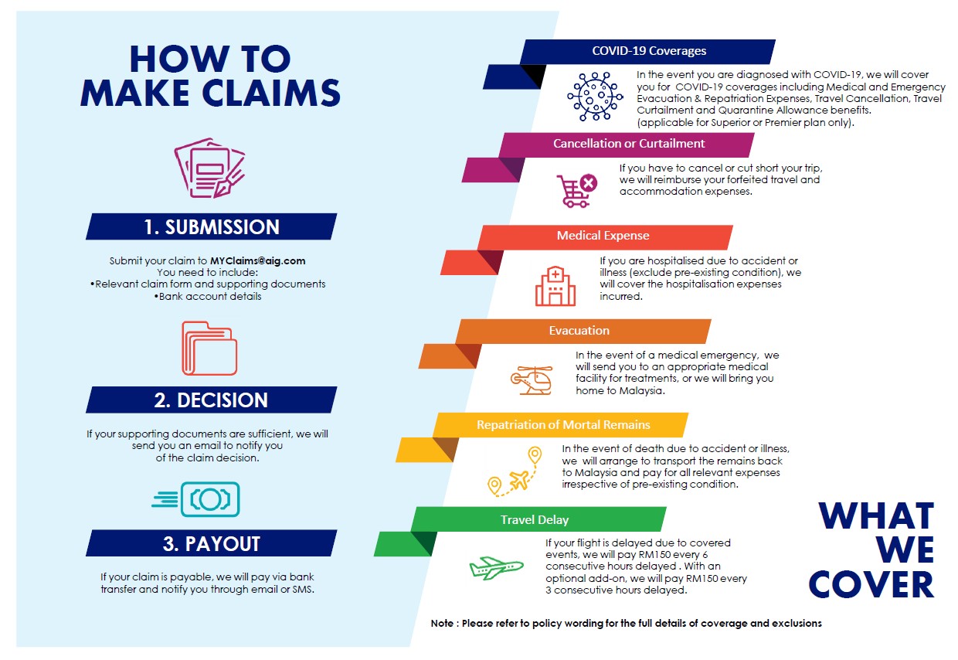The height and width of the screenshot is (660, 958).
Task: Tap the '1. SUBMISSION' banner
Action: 211,227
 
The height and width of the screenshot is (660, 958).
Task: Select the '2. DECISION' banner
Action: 211,400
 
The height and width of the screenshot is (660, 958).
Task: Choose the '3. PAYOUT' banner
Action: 211,543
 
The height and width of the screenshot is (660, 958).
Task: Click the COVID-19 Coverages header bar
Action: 648,52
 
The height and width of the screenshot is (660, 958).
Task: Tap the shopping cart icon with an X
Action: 576,190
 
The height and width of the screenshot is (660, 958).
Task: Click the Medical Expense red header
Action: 603,236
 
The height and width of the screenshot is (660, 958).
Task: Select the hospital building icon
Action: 555,287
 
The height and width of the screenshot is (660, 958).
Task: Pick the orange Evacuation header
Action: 579,331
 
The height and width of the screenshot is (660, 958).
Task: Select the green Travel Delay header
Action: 535,520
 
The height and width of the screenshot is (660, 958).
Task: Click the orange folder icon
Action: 209,349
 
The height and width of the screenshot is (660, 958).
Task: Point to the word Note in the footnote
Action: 443,623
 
